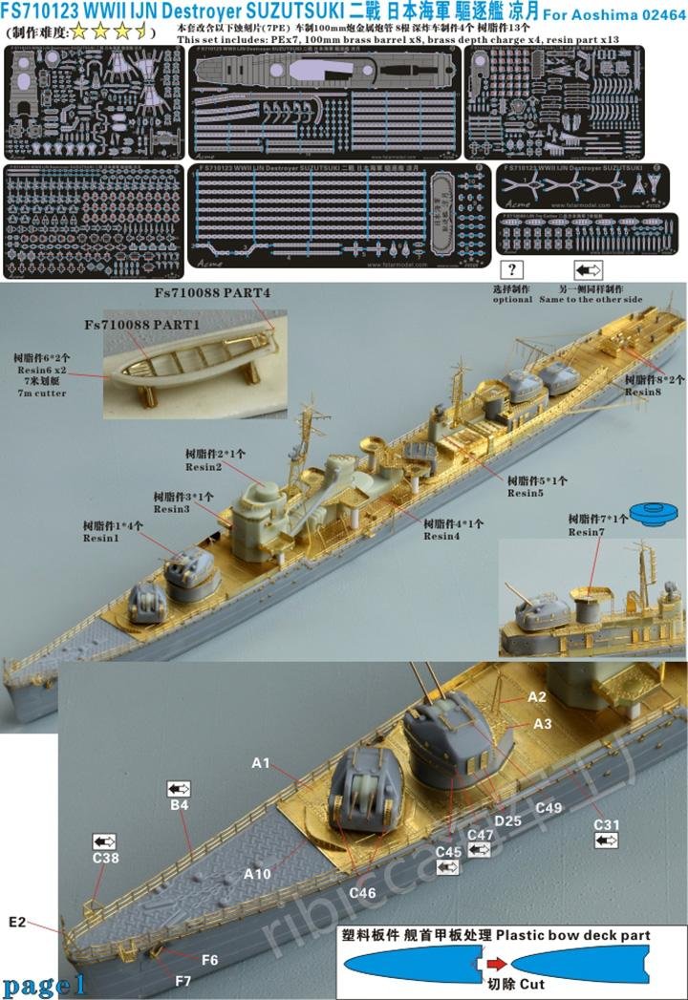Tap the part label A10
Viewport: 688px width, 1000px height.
258,873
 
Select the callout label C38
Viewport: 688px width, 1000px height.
106,859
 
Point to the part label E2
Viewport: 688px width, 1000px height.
16,922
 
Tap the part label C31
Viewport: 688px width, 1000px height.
607,824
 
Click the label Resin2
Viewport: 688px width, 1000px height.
206,466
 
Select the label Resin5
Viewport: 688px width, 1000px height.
524,493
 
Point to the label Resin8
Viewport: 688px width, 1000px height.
644,391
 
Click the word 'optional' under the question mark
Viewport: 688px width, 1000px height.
512,299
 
